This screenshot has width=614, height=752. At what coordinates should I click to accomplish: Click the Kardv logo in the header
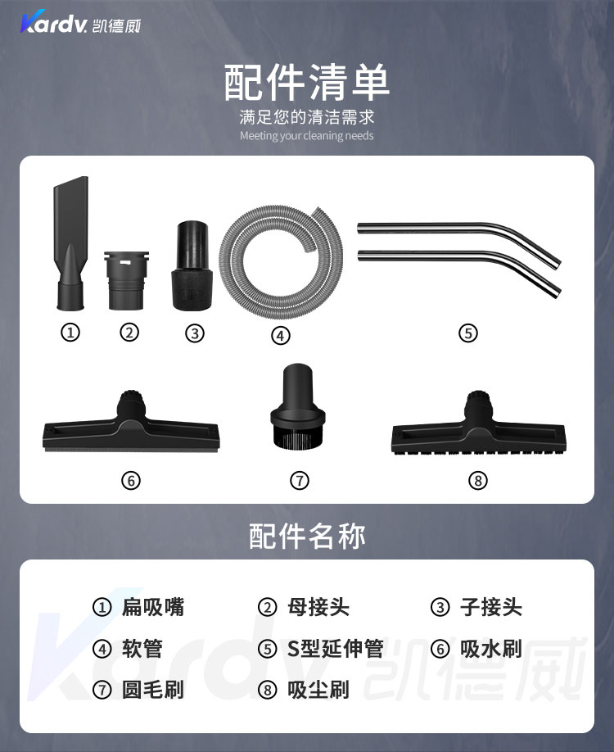coord(80,23)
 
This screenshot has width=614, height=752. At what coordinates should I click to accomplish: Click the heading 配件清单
coord(307,83)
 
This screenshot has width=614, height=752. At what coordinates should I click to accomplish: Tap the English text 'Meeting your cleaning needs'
coord(307,136)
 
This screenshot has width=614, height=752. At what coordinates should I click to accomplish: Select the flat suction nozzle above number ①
coord(71,242)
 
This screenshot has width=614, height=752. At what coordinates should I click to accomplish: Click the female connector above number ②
coord(127,280)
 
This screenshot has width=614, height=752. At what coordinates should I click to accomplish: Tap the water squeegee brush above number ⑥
coord(131,427)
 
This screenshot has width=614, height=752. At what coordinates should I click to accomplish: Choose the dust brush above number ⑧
coord(479,428)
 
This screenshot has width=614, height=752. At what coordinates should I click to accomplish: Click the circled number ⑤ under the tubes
coord(468,333)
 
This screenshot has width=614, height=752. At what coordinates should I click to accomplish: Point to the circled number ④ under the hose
coord(281,335)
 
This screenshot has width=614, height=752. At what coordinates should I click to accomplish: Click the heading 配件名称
coord(307,536)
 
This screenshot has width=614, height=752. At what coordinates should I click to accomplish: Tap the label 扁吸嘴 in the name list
coord(153,607)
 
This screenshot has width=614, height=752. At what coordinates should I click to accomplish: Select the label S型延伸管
coord(335,649)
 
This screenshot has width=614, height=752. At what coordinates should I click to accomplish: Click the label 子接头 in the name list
coord(491,607)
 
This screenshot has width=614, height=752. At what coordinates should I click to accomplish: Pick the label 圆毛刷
coord(153,690)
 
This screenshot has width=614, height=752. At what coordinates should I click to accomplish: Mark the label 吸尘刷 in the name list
coord(318,690)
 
